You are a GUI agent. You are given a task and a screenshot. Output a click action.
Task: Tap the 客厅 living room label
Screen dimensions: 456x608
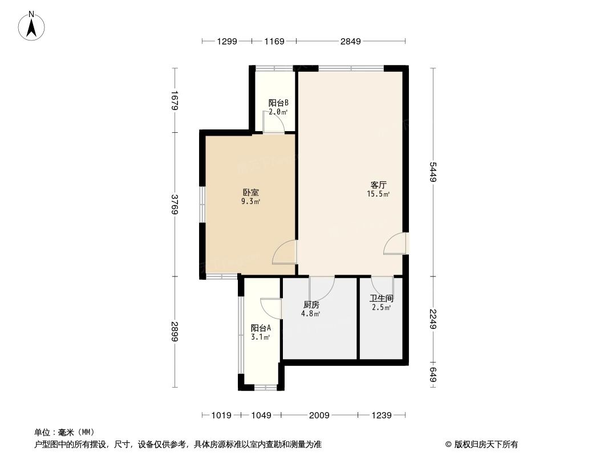point(379,185)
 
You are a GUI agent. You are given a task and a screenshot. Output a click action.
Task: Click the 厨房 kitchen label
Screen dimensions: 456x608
point(311,304)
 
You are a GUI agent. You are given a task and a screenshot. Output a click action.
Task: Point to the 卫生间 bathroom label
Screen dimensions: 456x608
point(381,298)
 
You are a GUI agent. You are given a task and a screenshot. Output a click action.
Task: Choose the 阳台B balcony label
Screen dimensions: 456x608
point(278,103)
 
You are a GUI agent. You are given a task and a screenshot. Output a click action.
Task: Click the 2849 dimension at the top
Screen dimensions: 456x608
point(350,41)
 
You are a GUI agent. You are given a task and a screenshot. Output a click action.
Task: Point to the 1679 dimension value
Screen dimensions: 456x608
point(175,100)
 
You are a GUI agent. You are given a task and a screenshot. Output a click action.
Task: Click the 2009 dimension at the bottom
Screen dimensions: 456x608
point(319,416)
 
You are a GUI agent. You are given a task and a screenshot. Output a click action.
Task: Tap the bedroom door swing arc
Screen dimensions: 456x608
point(285,253)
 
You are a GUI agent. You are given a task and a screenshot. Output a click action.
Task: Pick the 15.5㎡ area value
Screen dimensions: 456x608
point(379,194)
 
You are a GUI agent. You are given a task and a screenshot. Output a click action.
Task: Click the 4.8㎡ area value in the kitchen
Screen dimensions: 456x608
point(311,313)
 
